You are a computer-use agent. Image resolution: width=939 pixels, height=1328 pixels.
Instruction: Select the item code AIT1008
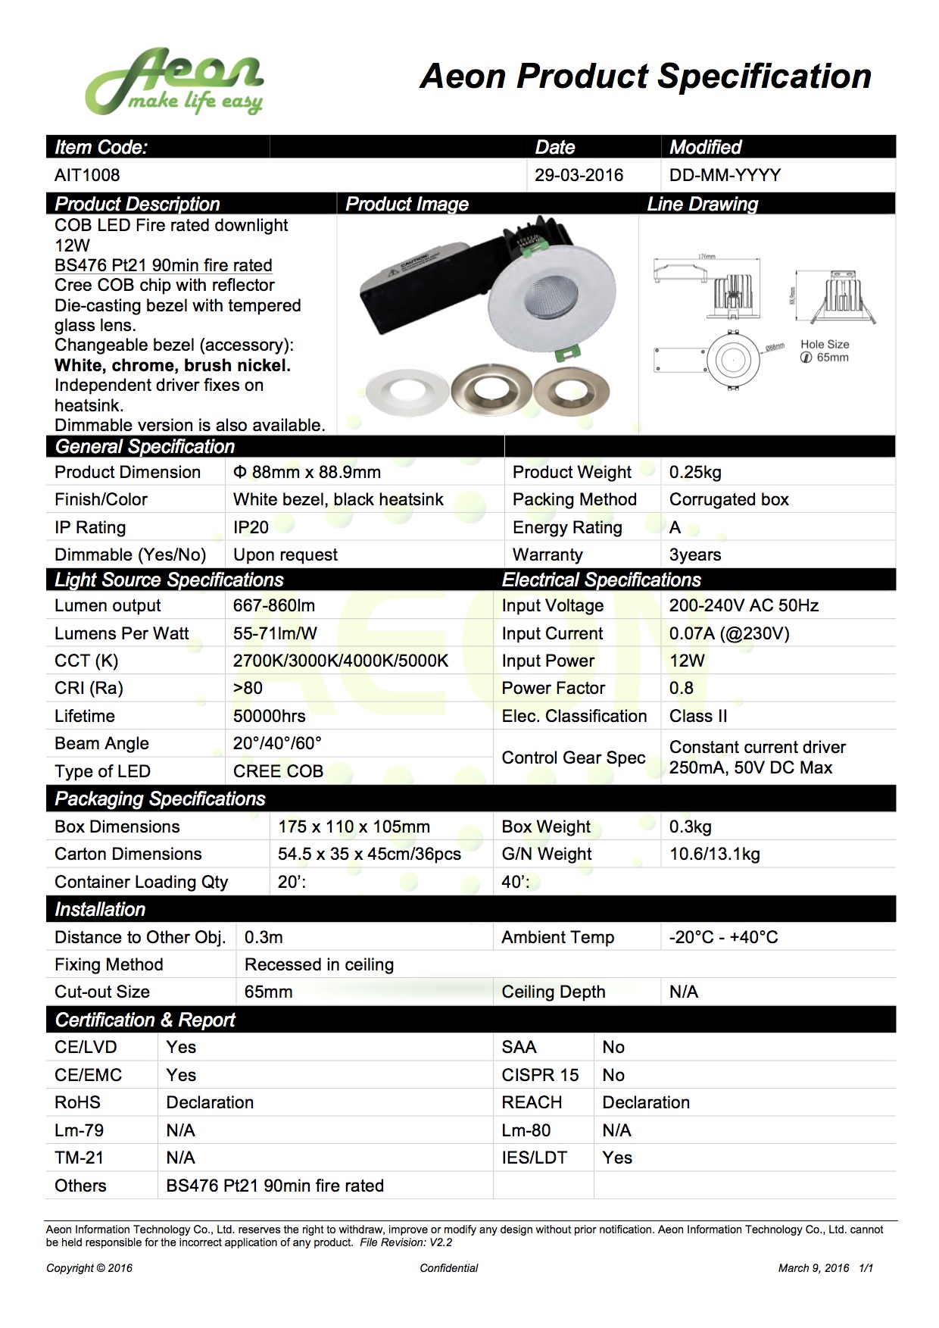click(87, 175)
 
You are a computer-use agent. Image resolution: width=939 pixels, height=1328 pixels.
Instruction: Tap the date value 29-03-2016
click(579, 175)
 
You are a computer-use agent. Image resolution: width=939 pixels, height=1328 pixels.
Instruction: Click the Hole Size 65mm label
click(825, 351)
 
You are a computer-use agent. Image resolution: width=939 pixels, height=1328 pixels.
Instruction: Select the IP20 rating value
click(251, 527)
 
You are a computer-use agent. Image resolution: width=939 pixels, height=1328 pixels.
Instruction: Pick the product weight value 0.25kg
click(695, 472)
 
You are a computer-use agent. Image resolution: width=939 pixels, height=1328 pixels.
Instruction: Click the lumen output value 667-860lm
click(274, 605)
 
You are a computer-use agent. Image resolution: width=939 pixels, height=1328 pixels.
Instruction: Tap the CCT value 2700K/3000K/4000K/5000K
click(341, 661)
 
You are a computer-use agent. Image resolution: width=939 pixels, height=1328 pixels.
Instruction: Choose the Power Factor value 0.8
click(682, 688)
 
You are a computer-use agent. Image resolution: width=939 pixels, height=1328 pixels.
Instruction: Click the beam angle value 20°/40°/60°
click(277, 743)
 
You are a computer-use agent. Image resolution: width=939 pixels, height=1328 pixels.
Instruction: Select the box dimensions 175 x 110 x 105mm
click(354, 826)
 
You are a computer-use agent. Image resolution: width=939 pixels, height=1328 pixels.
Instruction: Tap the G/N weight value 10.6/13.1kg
click(714, 854)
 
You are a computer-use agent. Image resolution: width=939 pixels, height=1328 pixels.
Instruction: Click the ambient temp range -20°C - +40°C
click(723, 937)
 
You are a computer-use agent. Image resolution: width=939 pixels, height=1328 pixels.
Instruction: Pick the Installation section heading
click(100, 909)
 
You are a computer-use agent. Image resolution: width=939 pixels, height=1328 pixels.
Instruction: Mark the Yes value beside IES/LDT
click(617, 1158)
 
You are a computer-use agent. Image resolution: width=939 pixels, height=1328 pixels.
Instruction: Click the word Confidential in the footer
click(449, 1268)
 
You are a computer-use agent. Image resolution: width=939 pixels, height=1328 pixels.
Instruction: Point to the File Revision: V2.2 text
click(406, 1242)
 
